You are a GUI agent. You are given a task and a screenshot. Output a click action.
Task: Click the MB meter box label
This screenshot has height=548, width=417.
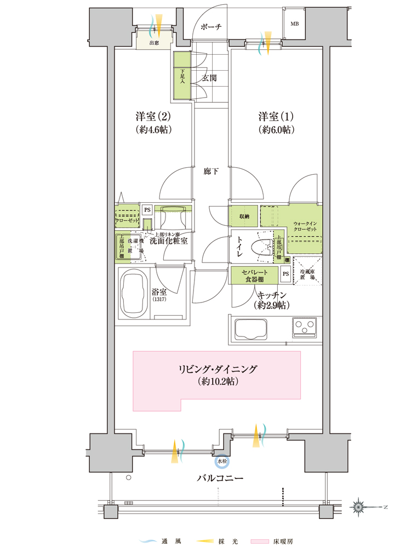[294, 24]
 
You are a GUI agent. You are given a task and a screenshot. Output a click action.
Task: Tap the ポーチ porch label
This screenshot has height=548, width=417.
[210, 26]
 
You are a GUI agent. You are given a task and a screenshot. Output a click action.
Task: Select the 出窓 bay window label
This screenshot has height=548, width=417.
[154, 43]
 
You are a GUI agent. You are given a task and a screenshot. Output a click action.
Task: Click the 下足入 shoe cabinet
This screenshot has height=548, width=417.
[181, 76]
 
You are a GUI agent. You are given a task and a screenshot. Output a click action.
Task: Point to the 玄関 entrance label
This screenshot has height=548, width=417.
[209, 78]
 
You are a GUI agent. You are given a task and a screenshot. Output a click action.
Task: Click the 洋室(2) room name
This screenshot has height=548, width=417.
[153, 117]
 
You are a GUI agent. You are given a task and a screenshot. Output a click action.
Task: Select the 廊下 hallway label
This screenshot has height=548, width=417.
[212, 172]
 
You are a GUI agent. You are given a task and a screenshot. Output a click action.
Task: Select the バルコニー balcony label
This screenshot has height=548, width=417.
[220, 478]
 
